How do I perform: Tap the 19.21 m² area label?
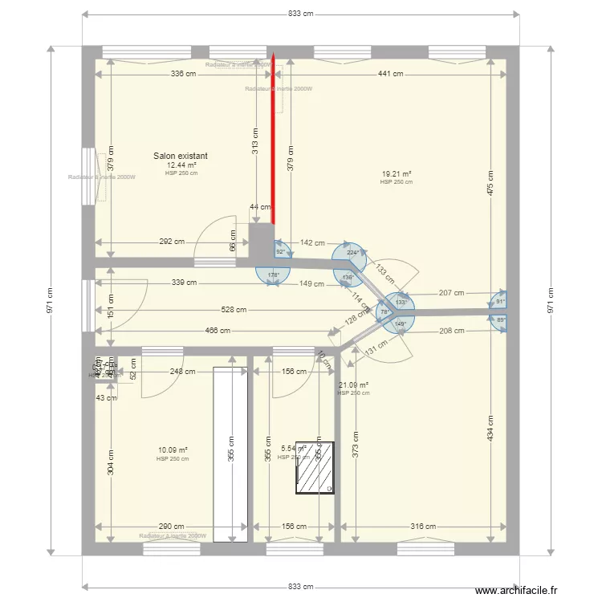(x=397, y=174)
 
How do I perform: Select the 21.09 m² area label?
(x=353, y=385)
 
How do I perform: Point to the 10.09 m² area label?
(x=173, y=450)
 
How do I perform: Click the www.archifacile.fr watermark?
(x=515, y=590)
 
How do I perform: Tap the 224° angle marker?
(x=352, y=252)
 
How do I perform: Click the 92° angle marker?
(x=281, y=251)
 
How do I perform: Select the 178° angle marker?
(x=273, y=275)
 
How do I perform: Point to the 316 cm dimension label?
(x=425, y=527)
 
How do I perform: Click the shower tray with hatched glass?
(x=315, y=466)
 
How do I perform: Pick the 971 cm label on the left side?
(x=50, y=301)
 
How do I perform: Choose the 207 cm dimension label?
(x=452, y=293)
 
